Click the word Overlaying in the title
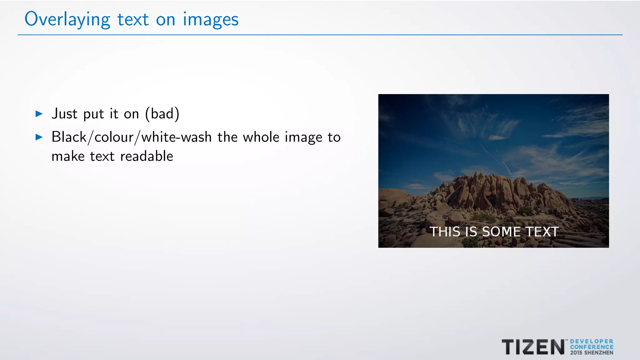[x=67, y=19]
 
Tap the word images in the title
[x=211, y=19]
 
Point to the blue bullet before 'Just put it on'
[x=39, y=114]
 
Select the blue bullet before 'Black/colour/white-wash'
[x=39, y=137]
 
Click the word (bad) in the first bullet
[x=162, y=114]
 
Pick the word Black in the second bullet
[x=69, y=137]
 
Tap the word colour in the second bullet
[x=114, y=137]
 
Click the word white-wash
[x=177, y=137]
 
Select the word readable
[x=147, y=156]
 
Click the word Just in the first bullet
[x=64, y=114]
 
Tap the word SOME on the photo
[x=501, y=232]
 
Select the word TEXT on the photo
[x=542, y=232]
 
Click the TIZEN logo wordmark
[x=533, y=347]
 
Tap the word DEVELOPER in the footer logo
[x=592, y=342]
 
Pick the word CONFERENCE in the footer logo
[x=592, y=347]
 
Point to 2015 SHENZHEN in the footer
[x=592, y=353]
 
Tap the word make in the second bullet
[x=68, y=156]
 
